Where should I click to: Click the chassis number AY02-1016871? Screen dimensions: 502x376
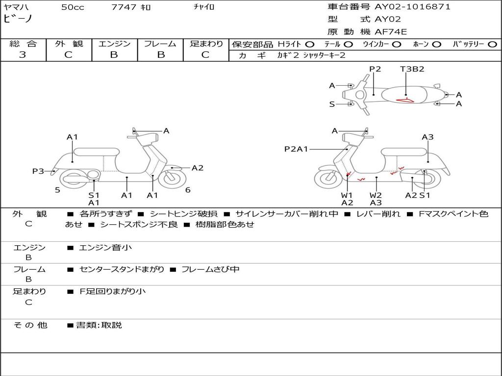(412, 7)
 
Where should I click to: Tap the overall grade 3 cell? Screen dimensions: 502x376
(23, 55)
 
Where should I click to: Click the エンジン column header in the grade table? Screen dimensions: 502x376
(114, 44)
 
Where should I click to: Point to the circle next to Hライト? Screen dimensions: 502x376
(310, 44)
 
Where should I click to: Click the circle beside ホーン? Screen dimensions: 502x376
(437, 44)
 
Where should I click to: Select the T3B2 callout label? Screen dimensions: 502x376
(412, 69)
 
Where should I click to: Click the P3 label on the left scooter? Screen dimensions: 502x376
(38, 171)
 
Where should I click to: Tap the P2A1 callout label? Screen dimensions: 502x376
(296, 149)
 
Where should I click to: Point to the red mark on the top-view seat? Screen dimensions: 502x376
(405, 100)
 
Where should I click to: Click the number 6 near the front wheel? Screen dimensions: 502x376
(188, 190)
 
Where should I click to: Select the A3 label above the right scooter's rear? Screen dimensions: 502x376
(427, 137)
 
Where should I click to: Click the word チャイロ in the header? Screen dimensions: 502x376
(204, 7)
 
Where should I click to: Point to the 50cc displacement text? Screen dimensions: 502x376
(73, 7)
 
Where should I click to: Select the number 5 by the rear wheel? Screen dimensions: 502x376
(57, 190)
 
